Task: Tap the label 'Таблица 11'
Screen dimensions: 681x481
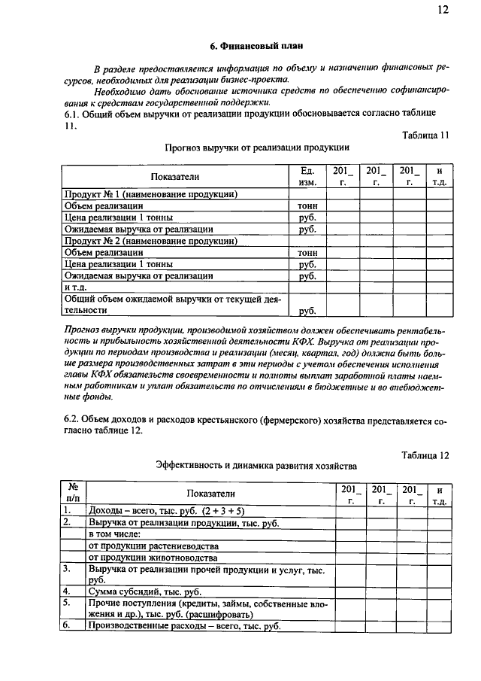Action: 424,135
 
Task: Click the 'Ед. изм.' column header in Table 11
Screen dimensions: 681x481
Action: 307,176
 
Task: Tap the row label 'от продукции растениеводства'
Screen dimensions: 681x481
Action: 153,546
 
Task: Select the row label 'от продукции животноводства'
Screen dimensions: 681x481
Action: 152,558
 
